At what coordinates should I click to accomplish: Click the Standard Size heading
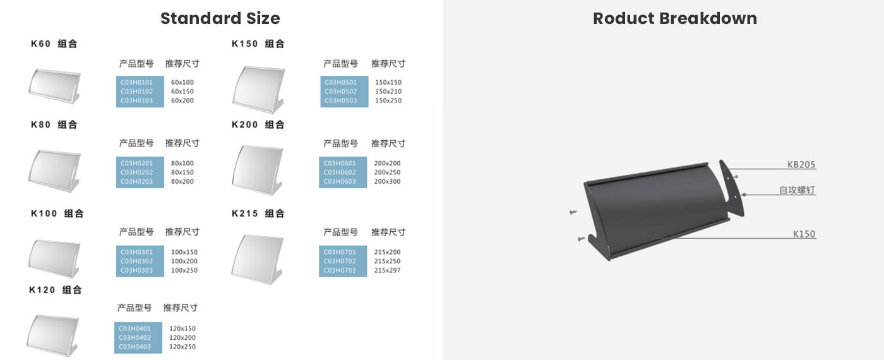click(x=220, y=18)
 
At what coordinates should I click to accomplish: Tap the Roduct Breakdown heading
click(x=675, y=18)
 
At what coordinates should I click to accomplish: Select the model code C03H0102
click(x=136, y=91)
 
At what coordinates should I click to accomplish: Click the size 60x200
click(x=182, y=100)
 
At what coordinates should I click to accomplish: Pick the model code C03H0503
click(x=340, y=100)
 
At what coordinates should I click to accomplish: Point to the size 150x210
click(x=388, y=91)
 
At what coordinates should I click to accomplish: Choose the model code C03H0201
click(x=136, y=163)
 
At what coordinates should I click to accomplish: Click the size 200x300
click(x=387, y=181)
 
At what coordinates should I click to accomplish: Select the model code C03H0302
click(x=136, y=261)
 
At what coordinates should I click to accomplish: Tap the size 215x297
click(x=387, y=270)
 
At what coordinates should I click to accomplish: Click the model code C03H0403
click(x=134, y=347)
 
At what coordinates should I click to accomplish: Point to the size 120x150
click(x=182, y=328)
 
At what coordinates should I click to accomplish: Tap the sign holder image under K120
click(x=53, y=335)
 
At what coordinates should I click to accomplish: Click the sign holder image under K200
click(x=258, y=170)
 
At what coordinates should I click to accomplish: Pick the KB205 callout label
click(x=801, y=165)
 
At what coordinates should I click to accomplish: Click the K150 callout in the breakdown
click(x=804, y=234)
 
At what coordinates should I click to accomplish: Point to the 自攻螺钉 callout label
click(x=797, y=190)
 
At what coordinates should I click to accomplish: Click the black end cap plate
click(x=731, y=188)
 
